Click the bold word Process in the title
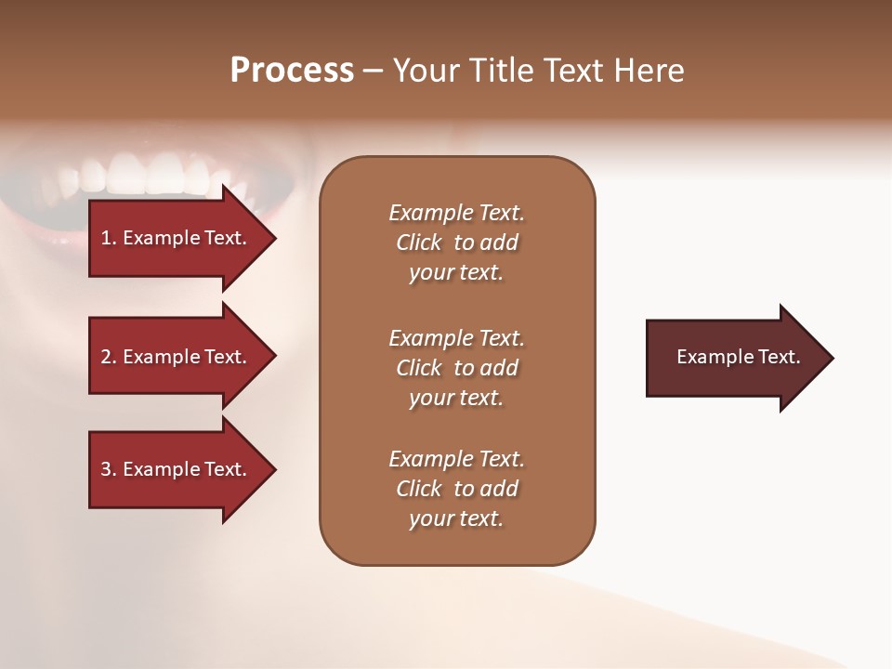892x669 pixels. tap(292, 71)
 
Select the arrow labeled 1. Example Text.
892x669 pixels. tap(177, 238)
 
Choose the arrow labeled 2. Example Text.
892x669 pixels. tap(177, 357)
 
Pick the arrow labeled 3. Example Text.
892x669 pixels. tap(177, 469)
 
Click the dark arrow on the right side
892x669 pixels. tap(734, 358)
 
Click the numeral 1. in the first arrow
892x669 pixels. tap(109, 238)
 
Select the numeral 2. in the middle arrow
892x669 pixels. tap(109, 357)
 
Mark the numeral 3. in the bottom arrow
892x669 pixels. tap(109, 469)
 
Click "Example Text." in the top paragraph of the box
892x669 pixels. tap(456, 213)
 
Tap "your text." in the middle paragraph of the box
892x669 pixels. tap(456, 398)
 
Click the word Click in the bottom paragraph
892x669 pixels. tap(419, 489)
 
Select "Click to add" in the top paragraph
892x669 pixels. tap(456, 243)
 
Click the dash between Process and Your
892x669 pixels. tap(373, 71)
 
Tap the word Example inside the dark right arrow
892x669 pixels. tap(710, 357)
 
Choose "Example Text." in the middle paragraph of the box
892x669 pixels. tap(456, 338)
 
